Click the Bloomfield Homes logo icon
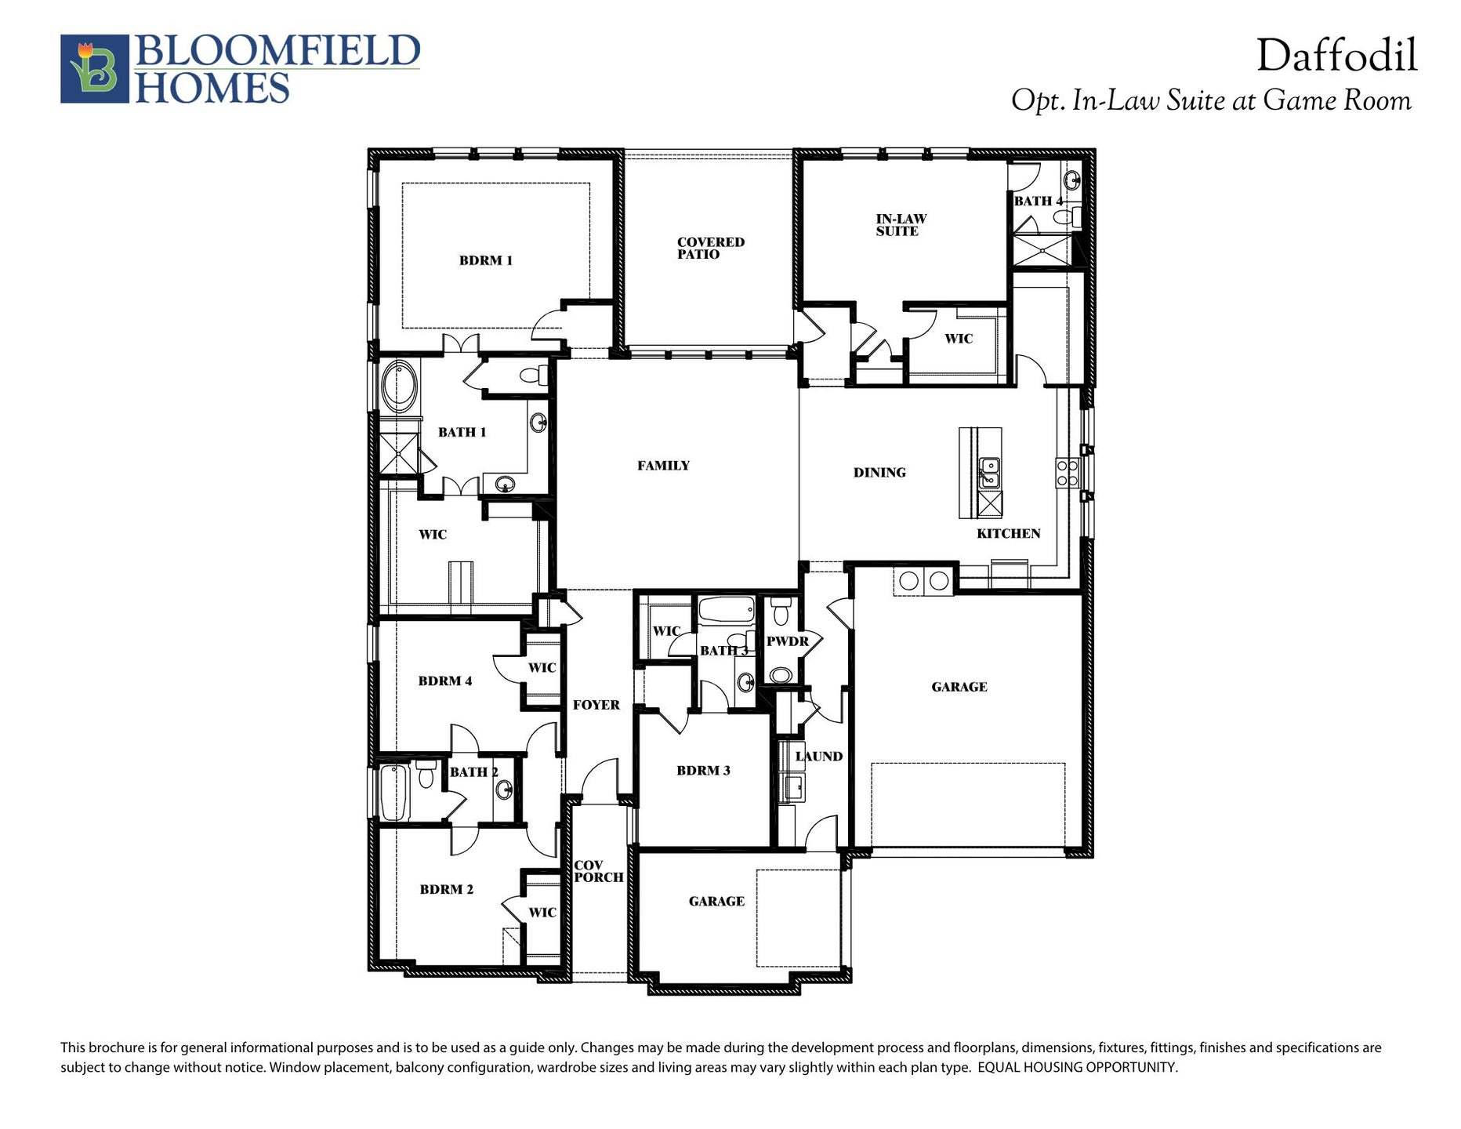click(94, 68)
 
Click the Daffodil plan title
click(1336, 56)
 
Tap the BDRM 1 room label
click(485, 260)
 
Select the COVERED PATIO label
click(710, 248)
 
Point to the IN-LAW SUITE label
click(901, 225)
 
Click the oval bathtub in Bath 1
click(400, 387)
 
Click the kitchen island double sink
click(988, 474)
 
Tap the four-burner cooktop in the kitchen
click(1067, 474)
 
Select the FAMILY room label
click(663, 466)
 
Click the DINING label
click(879, 473)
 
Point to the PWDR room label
click(787, 641)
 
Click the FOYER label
click(596, 705)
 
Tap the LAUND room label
click(818, 757)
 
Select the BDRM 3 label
click(703, 771)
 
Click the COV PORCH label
click(598, 872)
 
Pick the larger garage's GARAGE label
click(959, 687)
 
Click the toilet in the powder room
click(780, 608)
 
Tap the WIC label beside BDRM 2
click(542, 913)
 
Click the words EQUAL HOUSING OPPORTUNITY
click(1078, 1067)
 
